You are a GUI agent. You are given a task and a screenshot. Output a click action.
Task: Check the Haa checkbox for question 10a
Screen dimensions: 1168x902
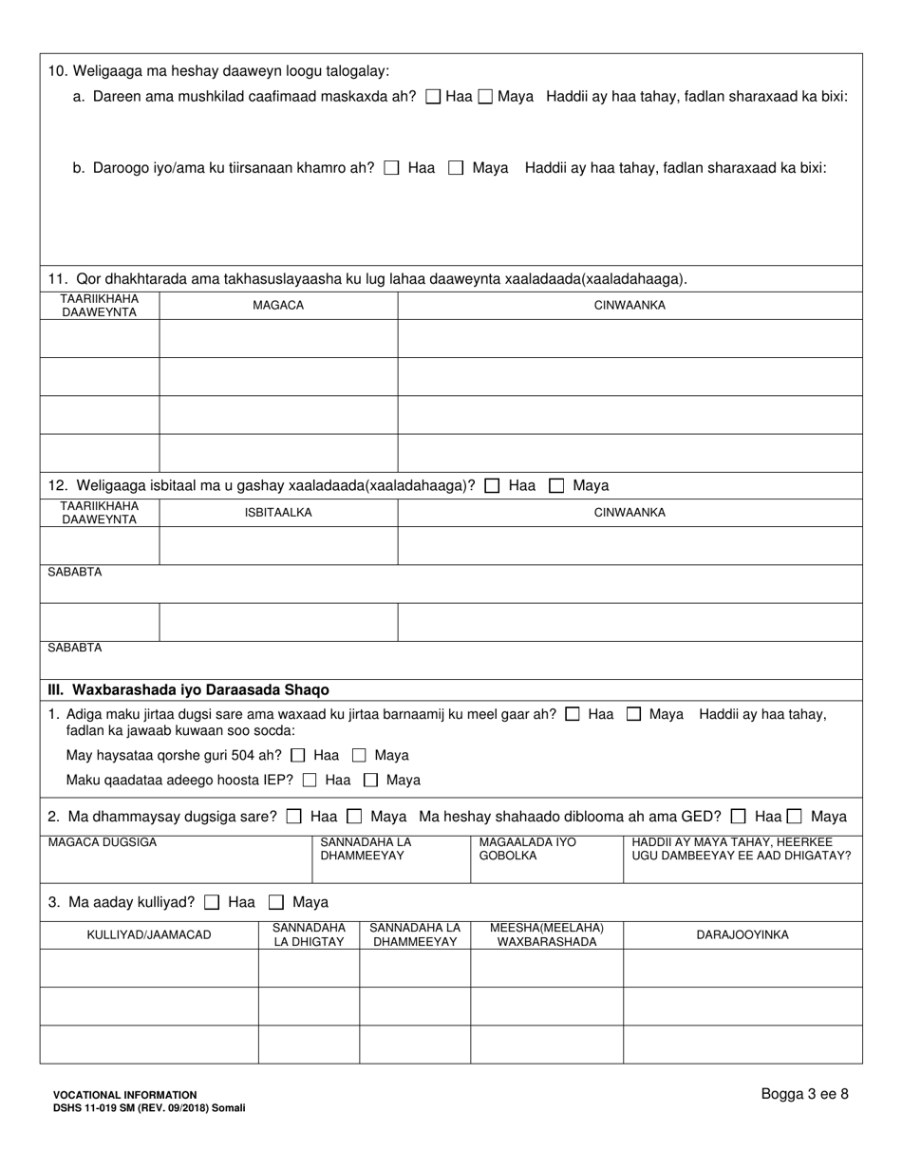(x=434, y=96)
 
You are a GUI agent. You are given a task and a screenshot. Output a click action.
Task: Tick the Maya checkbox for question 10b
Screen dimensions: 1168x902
(x=456, y=168)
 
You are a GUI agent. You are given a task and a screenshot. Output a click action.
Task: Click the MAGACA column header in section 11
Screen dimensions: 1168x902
(x=278, y=305)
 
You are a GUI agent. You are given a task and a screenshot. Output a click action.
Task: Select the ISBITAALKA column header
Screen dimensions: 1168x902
(x=278, y=513)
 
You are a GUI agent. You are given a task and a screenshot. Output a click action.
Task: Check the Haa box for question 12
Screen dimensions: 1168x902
(x=492, y=486)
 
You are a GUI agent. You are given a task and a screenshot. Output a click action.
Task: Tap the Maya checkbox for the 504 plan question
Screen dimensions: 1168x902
(x=360, y=756)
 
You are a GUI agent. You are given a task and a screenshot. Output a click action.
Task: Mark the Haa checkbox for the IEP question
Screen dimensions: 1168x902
(x=310, y=781)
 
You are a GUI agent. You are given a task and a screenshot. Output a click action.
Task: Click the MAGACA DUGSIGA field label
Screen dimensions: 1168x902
(x=103, y=842)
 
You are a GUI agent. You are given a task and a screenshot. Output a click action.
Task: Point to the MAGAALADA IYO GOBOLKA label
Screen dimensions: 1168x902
(x=527, y=849)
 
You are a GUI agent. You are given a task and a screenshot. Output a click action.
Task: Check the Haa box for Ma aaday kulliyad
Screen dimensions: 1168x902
(x=213, y=902)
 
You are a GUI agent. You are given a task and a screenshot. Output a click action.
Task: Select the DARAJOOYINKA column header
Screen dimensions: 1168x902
(x=742, y=934)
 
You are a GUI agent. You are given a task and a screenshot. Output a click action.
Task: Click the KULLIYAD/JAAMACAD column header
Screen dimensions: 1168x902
(x=149, y=934)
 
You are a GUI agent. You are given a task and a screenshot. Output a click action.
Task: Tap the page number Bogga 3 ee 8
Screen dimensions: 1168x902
(x=804, y=1094)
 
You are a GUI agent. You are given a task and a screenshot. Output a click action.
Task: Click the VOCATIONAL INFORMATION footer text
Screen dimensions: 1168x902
(x=125, y=1095)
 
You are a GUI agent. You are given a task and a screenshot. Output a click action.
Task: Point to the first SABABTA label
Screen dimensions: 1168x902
(x=75, y=573)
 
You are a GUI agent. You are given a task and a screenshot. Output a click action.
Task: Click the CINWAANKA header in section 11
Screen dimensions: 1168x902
(x=630, y=305)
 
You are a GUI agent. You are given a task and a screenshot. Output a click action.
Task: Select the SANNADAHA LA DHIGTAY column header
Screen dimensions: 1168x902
(x=309, y=934)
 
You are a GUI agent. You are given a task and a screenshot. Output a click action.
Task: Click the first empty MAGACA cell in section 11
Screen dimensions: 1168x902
(x=278, y=338)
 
